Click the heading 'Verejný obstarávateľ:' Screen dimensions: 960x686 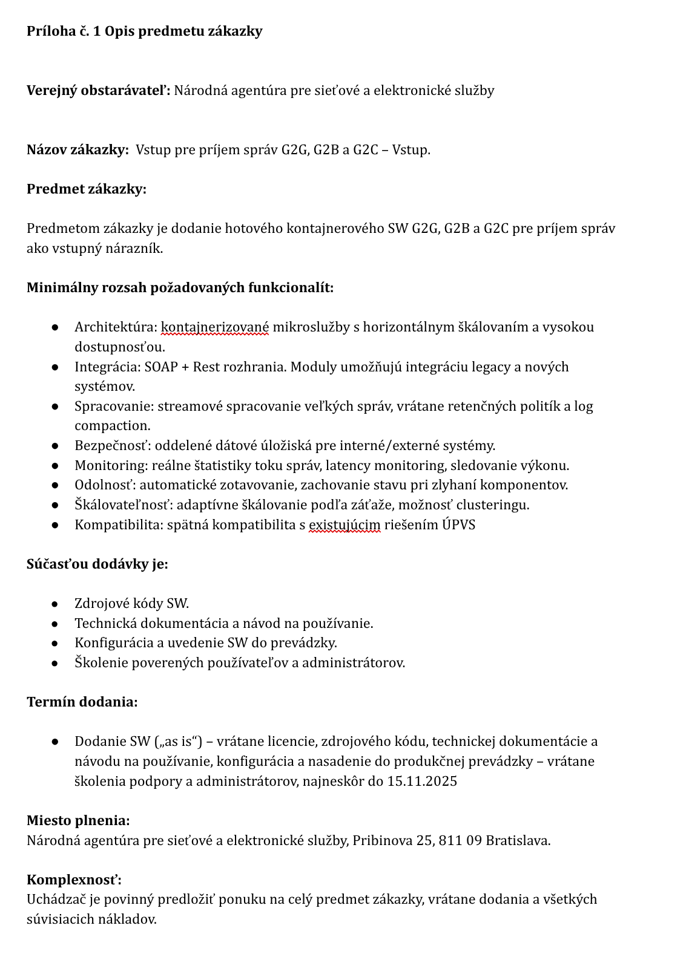tap(98, 91)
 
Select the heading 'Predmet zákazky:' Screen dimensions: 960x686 tap(87, 189)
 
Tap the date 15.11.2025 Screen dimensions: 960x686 tap(422, 782)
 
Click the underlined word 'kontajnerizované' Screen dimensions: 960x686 tap(215, 327)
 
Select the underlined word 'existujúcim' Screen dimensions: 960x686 tap(345, 525)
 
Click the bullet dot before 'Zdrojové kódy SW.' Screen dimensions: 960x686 tap(54, 604)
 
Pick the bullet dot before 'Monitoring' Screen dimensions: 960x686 tap(54, 466)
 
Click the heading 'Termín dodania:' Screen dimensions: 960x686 tap(82, 702)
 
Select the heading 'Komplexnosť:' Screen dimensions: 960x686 tap(74, 880)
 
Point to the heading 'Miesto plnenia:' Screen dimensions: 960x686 tap(78, 821)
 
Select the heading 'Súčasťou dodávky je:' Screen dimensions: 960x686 tap(97, 564)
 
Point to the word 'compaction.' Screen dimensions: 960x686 tap(112, 426)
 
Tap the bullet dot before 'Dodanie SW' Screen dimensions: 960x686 tap(54, 742)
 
